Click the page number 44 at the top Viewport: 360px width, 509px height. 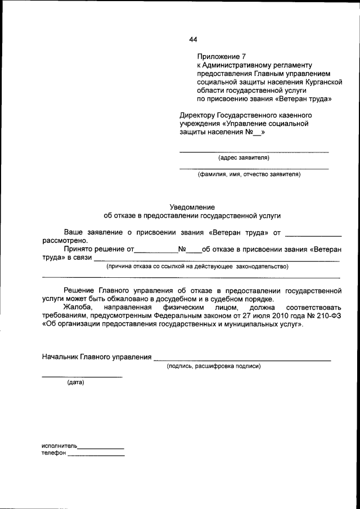point(193,39)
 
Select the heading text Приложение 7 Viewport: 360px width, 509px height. point(222,57)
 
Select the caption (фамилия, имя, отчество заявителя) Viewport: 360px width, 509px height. point(249,174)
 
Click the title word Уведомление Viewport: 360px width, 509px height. point(192,207)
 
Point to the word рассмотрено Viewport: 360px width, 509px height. point(65,240)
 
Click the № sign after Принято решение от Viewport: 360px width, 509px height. point(182,249)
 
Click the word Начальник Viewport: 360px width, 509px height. point(60,357)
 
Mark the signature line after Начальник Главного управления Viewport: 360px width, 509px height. point(242,358)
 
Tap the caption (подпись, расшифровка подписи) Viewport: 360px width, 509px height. point(213,366)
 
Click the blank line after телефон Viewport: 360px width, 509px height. point(96,454)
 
